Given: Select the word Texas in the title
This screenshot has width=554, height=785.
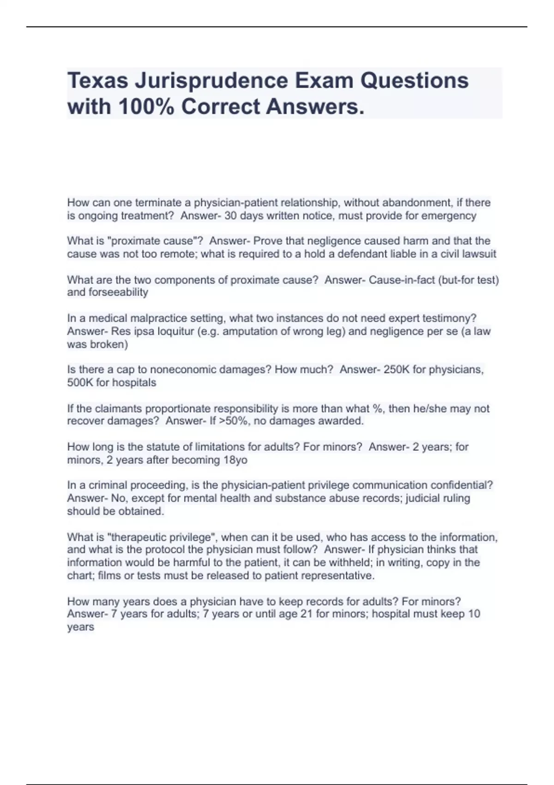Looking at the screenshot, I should point(97,81).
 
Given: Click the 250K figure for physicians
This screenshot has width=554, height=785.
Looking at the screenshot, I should point(397,369).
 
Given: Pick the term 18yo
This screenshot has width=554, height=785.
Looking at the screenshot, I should point(235,460).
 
